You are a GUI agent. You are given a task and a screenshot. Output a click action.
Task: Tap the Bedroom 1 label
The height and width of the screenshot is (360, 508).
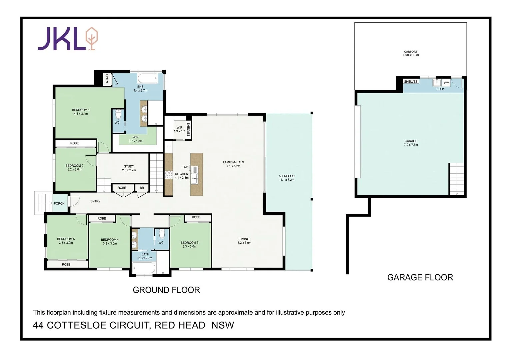click(81, 110)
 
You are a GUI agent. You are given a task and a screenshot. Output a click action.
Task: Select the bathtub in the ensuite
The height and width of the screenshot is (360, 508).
click(147, 79)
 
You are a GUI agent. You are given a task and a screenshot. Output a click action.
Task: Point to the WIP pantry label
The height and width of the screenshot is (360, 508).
click(179, 128)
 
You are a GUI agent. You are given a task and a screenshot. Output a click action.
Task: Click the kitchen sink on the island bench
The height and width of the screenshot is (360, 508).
click(194, 175)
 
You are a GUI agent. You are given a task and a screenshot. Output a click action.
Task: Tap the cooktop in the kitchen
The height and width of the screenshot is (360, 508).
click(169, 175)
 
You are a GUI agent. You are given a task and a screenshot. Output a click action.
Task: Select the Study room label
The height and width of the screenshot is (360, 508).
click(129, 166)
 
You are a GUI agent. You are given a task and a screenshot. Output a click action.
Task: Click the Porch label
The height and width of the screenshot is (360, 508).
click(59, 203)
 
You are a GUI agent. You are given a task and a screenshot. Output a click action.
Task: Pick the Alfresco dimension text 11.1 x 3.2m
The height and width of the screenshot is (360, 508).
click(287, 180)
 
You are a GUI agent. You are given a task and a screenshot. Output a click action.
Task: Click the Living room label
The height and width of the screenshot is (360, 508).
click(244, 239)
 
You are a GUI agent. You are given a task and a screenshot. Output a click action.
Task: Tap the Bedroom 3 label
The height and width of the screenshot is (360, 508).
click(189, 243)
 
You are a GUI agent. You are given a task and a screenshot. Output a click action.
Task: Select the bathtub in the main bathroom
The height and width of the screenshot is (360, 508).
click(144, 268)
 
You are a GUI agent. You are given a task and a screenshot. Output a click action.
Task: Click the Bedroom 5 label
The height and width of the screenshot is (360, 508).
click(66, 239)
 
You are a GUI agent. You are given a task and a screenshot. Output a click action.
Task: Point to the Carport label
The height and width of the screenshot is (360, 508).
click(411, 52)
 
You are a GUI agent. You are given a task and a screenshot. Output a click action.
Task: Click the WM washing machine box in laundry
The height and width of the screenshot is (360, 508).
click(446, 83)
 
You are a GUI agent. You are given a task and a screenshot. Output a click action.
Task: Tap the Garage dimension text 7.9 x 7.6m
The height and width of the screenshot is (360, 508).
click(411, 145)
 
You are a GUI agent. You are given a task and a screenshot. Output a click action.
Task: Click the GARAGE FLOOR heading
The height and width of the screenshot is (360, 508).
click(420, 277)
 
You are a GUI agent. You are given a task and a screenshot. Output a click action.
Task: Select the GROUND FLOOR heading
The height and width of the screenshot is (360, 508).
click(166, 290)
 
